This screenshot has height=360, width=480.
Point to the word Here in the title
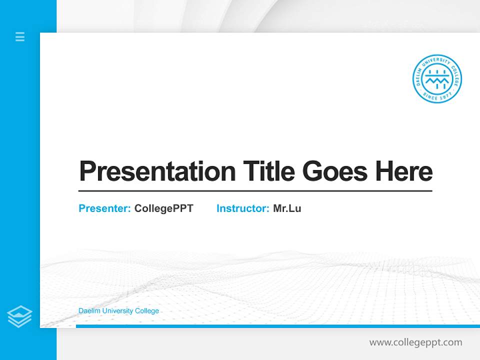point(404,172)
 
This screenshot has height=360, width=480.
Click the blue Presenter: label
point(104,208)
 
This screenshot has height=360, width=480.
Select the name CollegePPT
point(163,208)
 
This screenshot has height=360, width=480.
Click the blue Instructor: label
point(242,208)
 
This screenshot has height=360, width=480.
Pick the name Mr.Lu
point(287,208)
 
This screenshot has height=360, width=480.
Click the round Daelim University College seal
point(437,79)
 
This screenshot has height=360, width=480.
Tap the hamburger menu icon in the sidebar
point(20,36)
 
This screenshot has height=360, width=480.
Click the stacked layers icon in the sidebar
point(19,316)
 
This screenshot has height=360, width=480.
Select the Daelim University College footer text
point(118,311)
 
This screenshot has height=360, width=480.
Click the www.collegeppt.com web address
point(415,342)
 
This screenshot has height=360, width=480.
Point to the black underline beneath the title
point(255,191)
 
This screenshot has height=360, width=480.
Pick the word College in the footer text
point(147,311)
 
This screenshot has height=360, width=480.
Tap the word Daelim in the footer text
point(88,311)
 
